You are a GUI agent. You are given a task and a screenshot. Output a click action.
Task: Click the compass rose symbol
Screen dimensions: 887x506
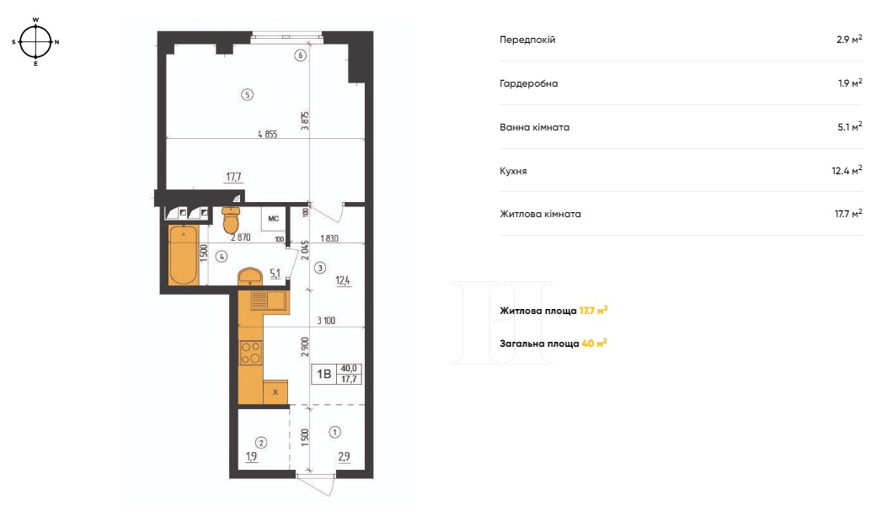(x=35, y=42)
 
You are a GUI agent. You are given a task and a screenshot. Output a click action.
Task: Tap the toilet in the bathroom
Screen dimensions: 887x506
(x=231, y=220)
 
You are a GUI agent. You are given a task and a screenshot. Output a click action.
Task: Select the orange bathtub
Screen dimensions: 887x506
(x=184, y=255)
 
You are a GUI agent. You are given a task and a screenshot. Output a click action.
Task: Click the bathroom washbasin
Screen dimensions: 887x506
(x=249, y=276)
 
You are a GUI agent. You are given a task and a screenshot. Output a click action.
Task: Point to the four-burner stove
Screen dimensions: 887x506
(x=250, y=352)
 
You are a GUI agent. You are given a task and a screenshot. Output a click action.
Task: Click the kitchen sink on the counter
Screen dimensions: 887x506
(x=270, y=301)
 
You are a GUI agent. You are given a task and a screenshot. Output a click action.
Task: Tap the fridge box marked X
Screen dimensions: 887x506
(x=275, y=391)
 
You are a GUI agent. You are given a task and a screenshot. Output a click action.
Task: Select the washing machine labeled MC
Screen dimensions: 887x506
(x=273, y=219)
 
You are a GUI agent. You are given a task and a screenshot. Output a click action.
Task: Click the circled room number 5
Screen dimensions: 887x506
(x=247, y=95)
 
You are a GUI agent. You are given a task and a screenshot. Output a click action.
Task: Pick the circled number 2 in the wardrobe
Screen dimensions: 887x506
(x=261, y=443)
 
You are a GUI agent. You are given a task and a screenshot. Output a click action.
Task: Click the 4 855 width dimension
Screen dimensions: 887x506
(x=268, y=135)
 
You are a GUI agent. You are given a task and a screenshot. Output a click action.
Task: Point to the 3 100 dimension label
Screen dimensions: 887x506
(x=326, y=321)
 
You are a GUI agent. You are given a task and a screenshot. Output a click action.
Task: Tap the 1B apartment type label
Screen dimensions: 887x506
(x=323, y=375)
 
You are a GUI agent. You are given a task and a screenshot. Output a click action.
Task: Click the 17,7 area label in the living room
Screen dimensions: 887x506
(x=233, y=177)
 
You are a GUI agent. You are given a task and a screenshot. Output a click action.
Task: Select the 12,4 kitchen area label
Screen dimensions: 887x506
(x=343, y=280)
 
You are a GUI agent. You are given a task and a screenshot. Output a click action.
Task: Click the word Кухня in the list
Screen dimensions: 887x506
(x=513, y=171)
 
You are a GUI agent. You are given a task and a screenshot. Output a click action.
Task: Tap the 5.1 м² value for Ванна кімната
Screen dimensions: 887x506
(x=850, y=126)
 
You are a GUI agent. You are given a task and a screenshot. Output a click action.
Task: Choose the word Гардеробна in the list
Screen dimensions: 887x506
(x=528, y=83)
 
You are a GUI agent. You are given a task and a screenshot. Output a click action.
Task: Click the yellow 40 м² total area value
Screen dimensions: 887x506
(x=594, y=344)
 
